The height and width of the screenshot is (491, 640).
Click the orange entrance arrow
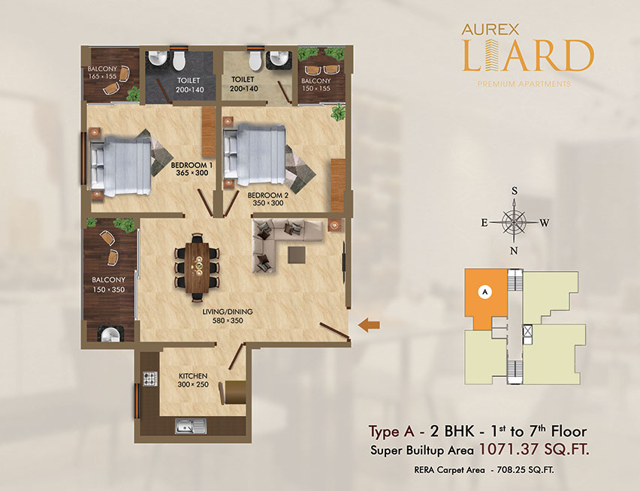[x=369, y=325]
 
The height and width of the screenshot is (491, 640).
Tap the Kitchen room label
[x=193, y=375]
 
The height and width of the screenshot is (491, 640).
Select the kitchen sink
[x=191, y=426]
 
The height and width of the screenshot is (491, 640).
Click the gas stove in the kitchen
[x=150, y=378]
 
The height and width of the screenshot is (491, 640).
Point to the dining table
[x=197, y=267]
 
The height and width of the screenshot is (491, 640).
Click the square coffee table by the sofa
[x=296, y=255]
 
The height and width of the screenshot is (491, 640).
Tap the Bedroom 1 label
[x=192, y=165]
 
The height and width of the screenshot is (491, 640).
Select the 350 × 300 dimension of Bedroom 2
[x=267, y=203]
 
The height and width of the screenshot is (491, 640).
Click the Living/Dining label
[x=228, y=312]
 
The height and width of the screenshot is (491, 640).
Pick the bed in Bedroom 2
[x=255, y=155]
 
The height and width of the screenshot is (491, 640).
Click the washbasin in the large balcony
[x=110, y=334]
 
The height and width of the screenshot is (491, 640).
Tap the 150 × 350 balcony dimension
[x=109, y=290]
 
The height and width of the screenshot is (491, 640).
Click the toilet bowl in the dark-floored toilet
[x=179, y=60]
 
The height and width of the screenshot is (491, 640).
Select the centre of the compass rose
[x=514, y=222]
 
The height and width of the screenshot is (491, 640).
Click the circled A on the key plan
[x=485, y=291]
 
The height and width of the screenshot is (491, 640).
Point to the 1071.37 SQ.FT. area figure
[x=534, y=450]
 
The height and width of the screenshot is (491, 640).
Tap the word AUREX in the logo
[x=491, y=29]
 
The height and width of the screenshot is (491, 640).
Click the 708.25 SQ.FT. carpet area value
[x=525, y=470]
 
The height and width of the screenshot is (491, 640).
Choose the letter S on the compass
[x=515, y=191]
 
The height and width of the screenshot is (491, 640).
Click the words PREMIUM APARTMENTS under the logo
[x=524, y=84]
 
